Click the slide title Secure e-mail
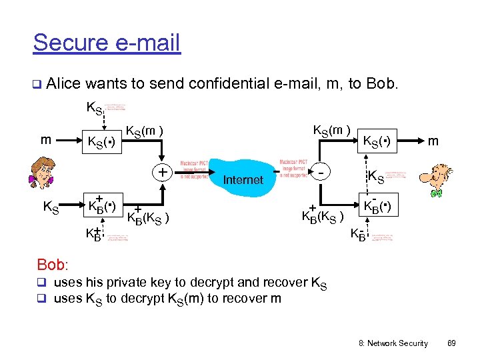coord(107,43)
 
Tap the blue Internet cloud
coord(243,178)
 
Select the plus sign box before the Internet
coord(161,173)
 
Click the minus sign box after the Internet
coord(322,173)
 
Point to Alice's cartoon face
coord(43,174)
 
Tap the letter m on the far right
coord(433,141)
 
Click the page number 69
coord(451,343)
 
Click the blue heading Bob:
coord(53,265)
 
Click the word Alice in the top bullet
coord(65,84)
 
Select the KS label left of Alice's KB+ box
coord(51,207)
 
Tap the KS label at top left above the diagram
coord(95,107)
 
